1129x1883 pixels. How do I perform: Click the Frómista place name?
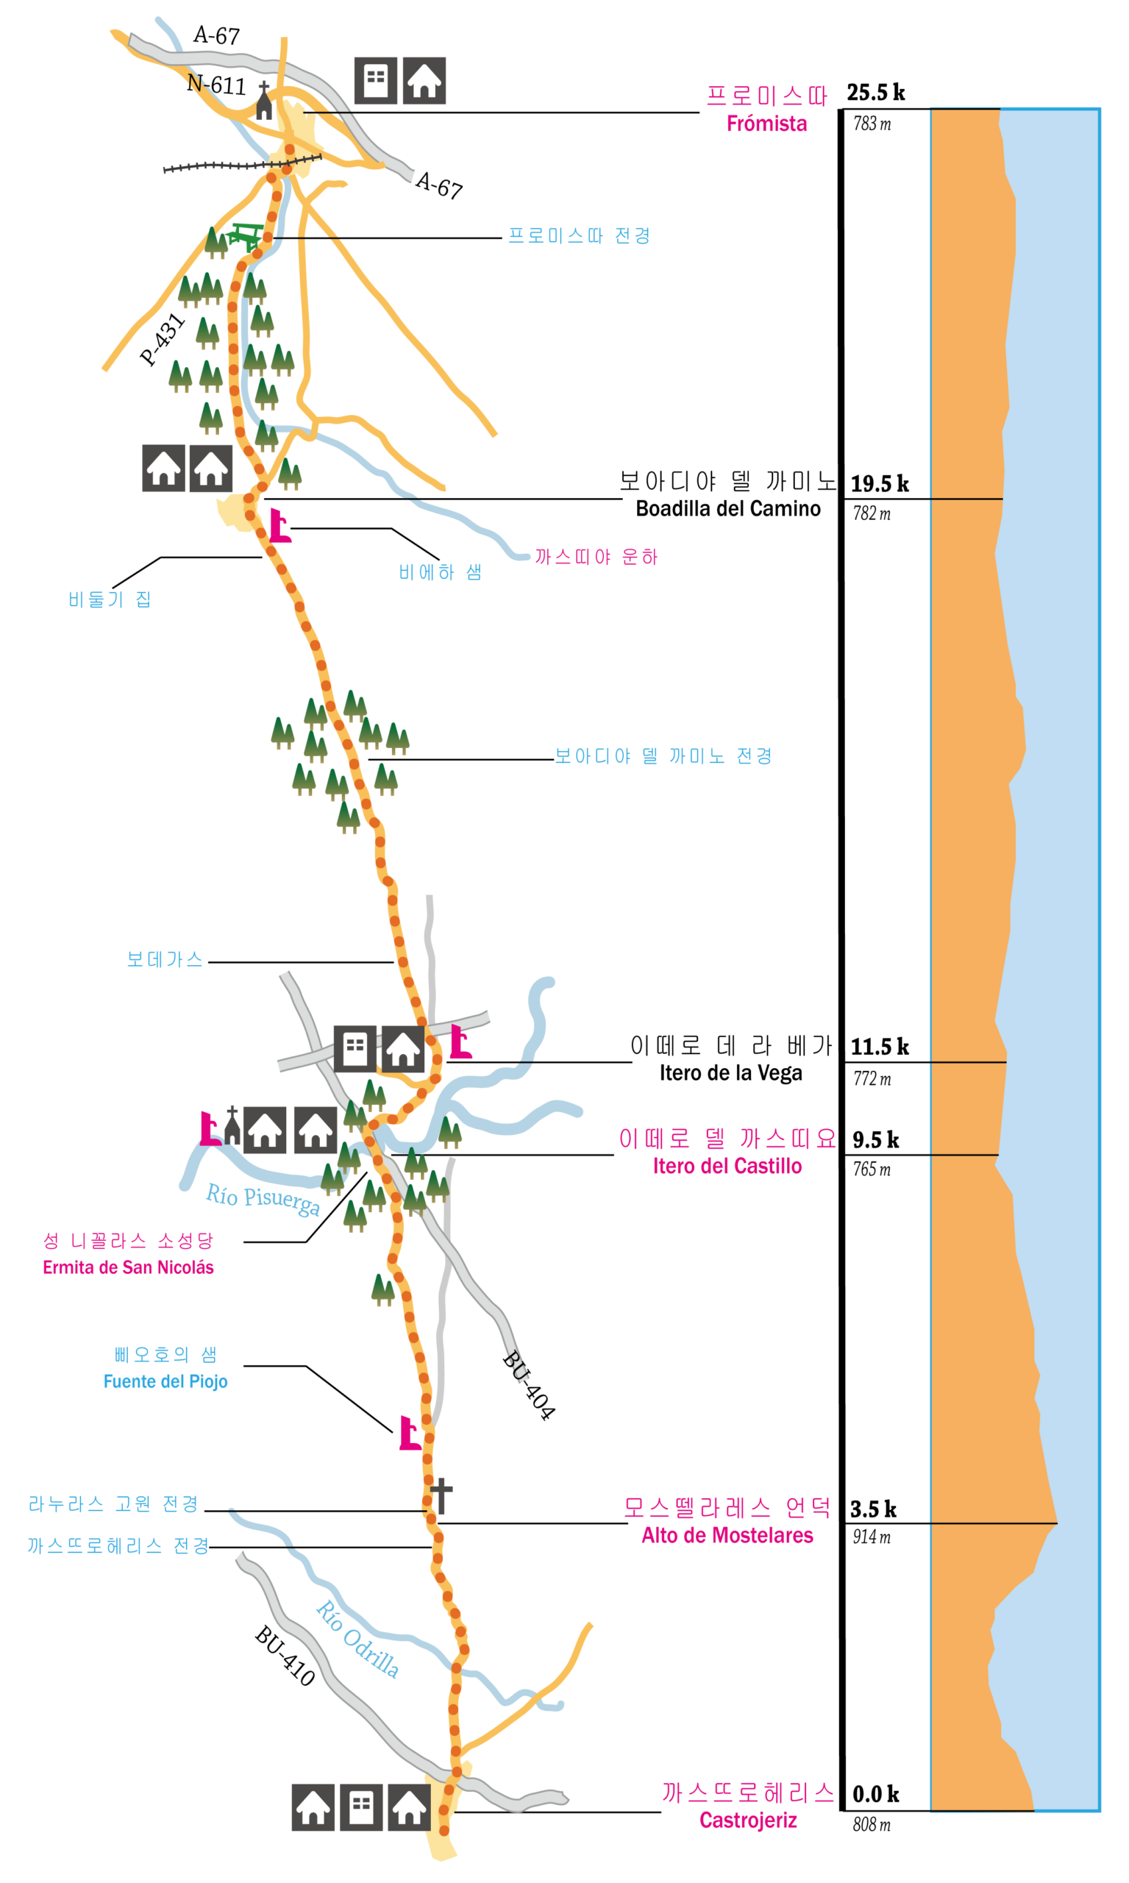click(766, 124)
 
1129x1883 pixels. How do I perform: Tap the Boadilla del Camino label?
click(728, 508)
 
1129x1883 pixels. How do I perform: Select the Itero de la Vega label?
click(730, 1072)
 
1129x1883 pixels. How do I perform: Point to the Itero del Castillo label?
click(727, 1166)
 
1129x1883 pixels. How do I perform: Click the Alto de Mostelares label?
click(727, 1534)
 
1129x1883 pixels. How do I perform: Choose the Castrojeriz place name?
click(748, 1820)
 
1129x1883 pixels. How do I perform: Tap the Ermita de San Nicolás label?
click(128, 1267)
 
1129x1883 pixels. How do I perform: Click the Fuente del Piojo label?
click(165, 1381)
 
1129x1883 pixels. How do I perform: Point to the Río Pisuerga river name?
click(263, 1199)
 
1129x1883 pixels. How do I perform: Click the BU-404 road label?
click(529, 1385)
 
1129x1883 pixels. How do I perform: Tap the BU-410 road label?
click(285, 1655)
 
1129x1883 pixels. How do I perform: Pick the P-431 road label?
click(162, 339)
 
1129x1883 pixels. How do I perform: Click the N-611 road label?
click(217, 84)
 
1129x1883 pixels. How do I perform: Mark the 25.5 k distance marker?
click(876, 93)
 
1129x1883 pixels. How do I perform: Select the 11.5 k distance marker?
click(880, 1047)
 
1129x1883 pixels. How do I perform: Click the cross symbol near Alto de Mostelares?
click(441, 1496)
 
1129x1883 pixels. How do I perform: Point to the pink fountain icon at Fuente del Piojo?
click(410, 1433)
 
